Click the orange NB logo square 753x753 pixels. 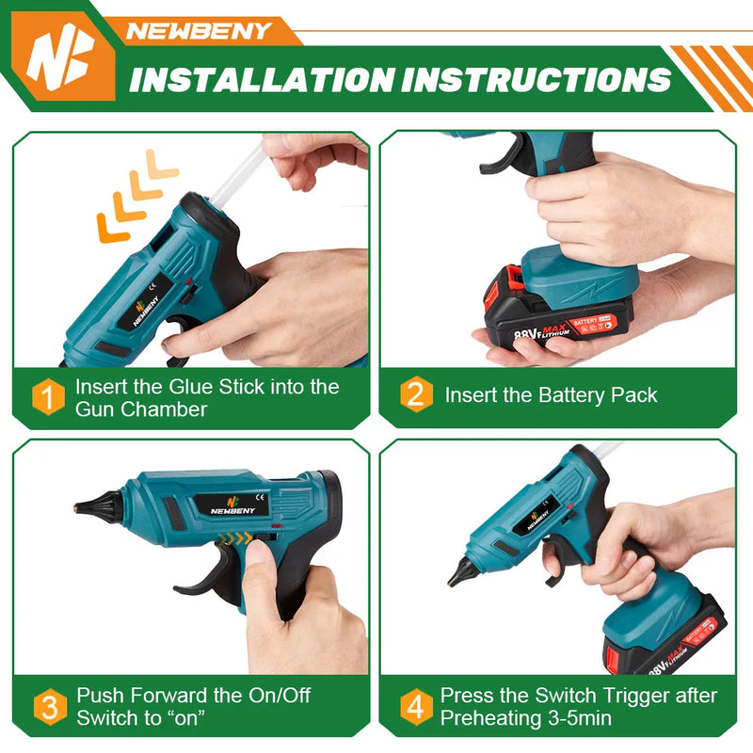(57, 58)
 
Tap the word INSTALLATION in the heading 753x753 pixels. (264, 79)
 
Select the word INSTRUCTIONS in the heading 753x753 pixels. (537, 79)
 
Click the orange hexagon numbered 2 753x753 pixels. (415, 394)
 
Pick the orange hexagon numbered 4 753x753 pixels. (415, 707)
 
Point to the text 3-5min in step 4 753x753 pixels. (577, 718)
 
